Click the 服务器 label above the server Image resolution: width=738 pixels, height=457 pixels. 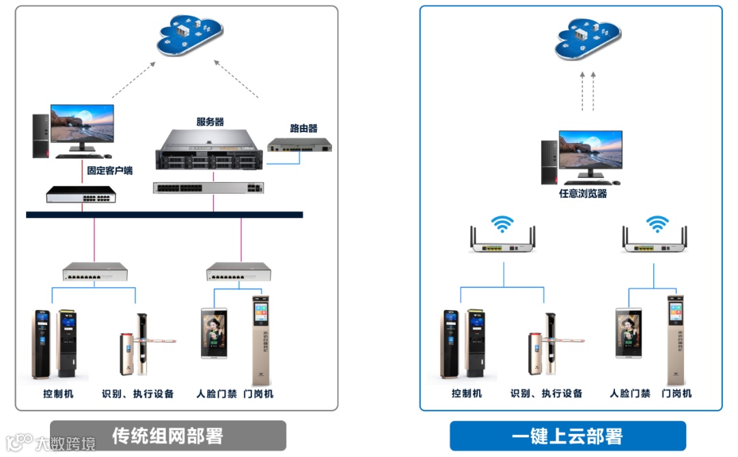(x=210, y=122)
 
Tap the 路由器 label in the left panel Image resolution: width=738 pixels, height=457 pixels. (x=303, y=128)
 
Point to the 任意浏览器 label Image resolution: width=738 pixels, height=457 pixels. (x=583, y=194)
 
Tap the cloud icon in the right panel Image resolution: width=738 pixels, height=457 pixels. (x=588, y=38)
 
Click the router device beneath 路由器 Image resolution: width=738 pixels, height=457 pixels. (x=299, y=145)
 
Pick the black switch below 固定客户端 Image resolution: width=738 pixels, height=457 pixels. (x=81, y=194)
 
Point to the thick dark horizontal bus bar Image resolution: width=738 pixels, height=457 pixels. (x=164, y=215)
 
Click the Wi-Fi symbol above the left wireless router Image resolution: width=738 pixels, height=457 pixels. (x=504, y=224)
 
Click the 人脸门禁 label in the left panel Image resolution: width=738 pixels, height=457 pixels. (x=217, y=393)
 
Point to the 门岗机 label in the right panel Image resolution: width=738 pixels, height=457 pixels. (x=676, y=393)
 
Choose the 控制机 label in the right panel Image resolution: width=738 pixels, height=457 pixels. (x=467, y=393)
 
